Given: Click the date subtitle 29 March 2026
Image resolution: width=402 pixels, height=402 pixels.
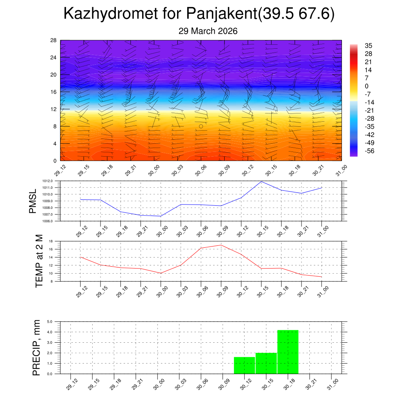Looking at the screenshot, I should coord(208,31).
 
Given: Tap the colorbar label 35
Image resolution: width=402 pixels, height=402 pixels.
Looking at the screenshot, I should coord(368,45).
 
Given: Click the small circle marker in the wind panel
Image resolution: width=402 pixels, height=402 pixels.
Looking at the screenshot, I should coord(201,126).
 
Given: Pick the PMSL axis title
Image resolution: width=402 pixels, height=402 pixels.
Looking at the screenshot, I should coord(33,201).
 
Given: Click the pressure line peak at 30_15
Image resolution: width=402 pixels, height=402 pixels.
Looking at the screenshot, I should coord(261,181).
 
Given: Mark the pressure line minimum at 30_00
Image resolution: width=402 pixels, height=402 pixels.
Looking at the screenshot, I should coord(161,216).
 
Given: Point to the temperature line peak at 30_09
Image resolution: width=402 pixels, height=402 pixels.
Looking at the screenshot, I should coord(221,245).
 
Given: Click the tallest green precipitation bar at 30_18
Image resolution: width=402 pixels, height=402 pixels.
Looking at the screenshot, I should coord(288,352).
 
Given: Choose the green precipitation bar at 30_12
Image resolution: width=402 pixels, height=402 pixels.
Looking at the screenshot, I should coord(244,365).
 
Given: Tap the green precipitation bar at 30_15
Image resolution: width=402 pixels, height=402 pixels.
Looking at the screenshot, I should coord(266,363).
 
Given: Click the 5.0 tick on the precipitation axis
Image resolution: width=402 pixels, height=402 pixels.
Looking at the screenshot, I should coord(50,322).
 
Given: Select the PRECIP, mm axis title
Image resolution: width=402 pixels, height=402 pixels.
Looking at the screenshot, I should coord(37,348).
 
